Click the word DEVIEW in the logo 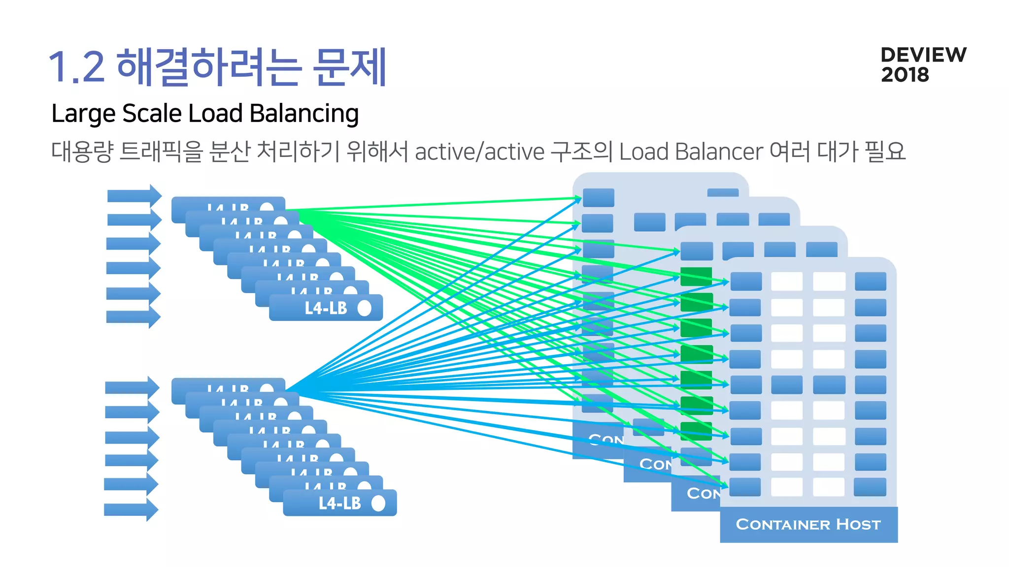tap(923, 55)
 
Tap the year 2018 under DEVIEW tap(905, 75)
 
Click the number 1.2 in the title tap(77, 67)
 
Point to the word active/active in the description tap(479, 152)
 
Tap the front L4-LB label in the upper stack tap(326, 308)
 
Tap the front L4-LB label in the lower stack tap(339, 503)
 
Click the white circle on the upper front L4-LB tap(364, 308)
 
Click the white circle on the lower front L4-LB tap(378, 503)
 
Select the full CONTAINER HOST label tap(808, 525)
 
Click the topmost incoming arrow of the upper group tap(134, 196)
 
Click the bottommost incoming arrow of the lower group tap(131, 510)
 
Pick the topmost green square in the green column tap(696, 276)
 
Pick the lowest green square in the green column tap(696, 431)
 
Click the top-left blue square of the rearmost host tap(598, 197)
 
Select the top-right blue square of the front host tap(870, 282)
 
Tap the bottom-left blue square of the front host tap(745, 487)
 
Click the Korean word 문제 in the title tap(350, 67)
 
